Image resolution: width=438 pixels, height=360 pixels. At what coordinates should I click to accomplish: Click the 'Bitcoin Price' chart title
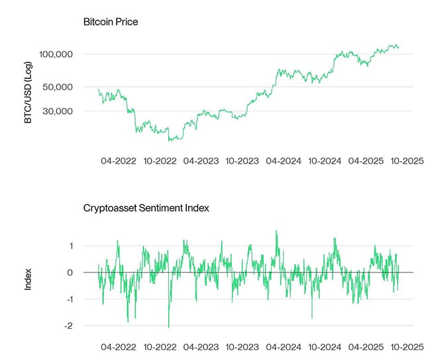pos(110,22)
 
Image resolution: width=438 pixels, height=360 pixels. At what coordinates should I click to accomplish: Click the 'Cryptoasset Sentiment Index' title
pos(146,208)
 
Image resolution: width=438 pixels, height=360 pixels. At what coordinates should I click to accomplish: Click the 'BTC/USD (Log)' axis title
pos(28,93)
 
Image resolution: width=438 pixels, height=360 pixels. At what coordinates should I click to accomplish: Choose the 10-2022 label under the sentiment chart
pos(160,347)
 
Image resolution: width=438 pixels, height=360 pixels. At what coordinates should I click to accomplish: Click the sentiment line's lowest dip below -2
pos(168,327)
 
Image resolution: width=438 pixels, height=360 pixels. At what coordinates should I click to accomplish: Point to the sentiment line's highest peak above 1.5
pos(276,231)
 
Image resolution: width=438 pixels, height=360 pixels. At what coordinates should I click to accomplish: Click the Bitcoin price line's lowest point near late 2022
pos(170,141)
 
